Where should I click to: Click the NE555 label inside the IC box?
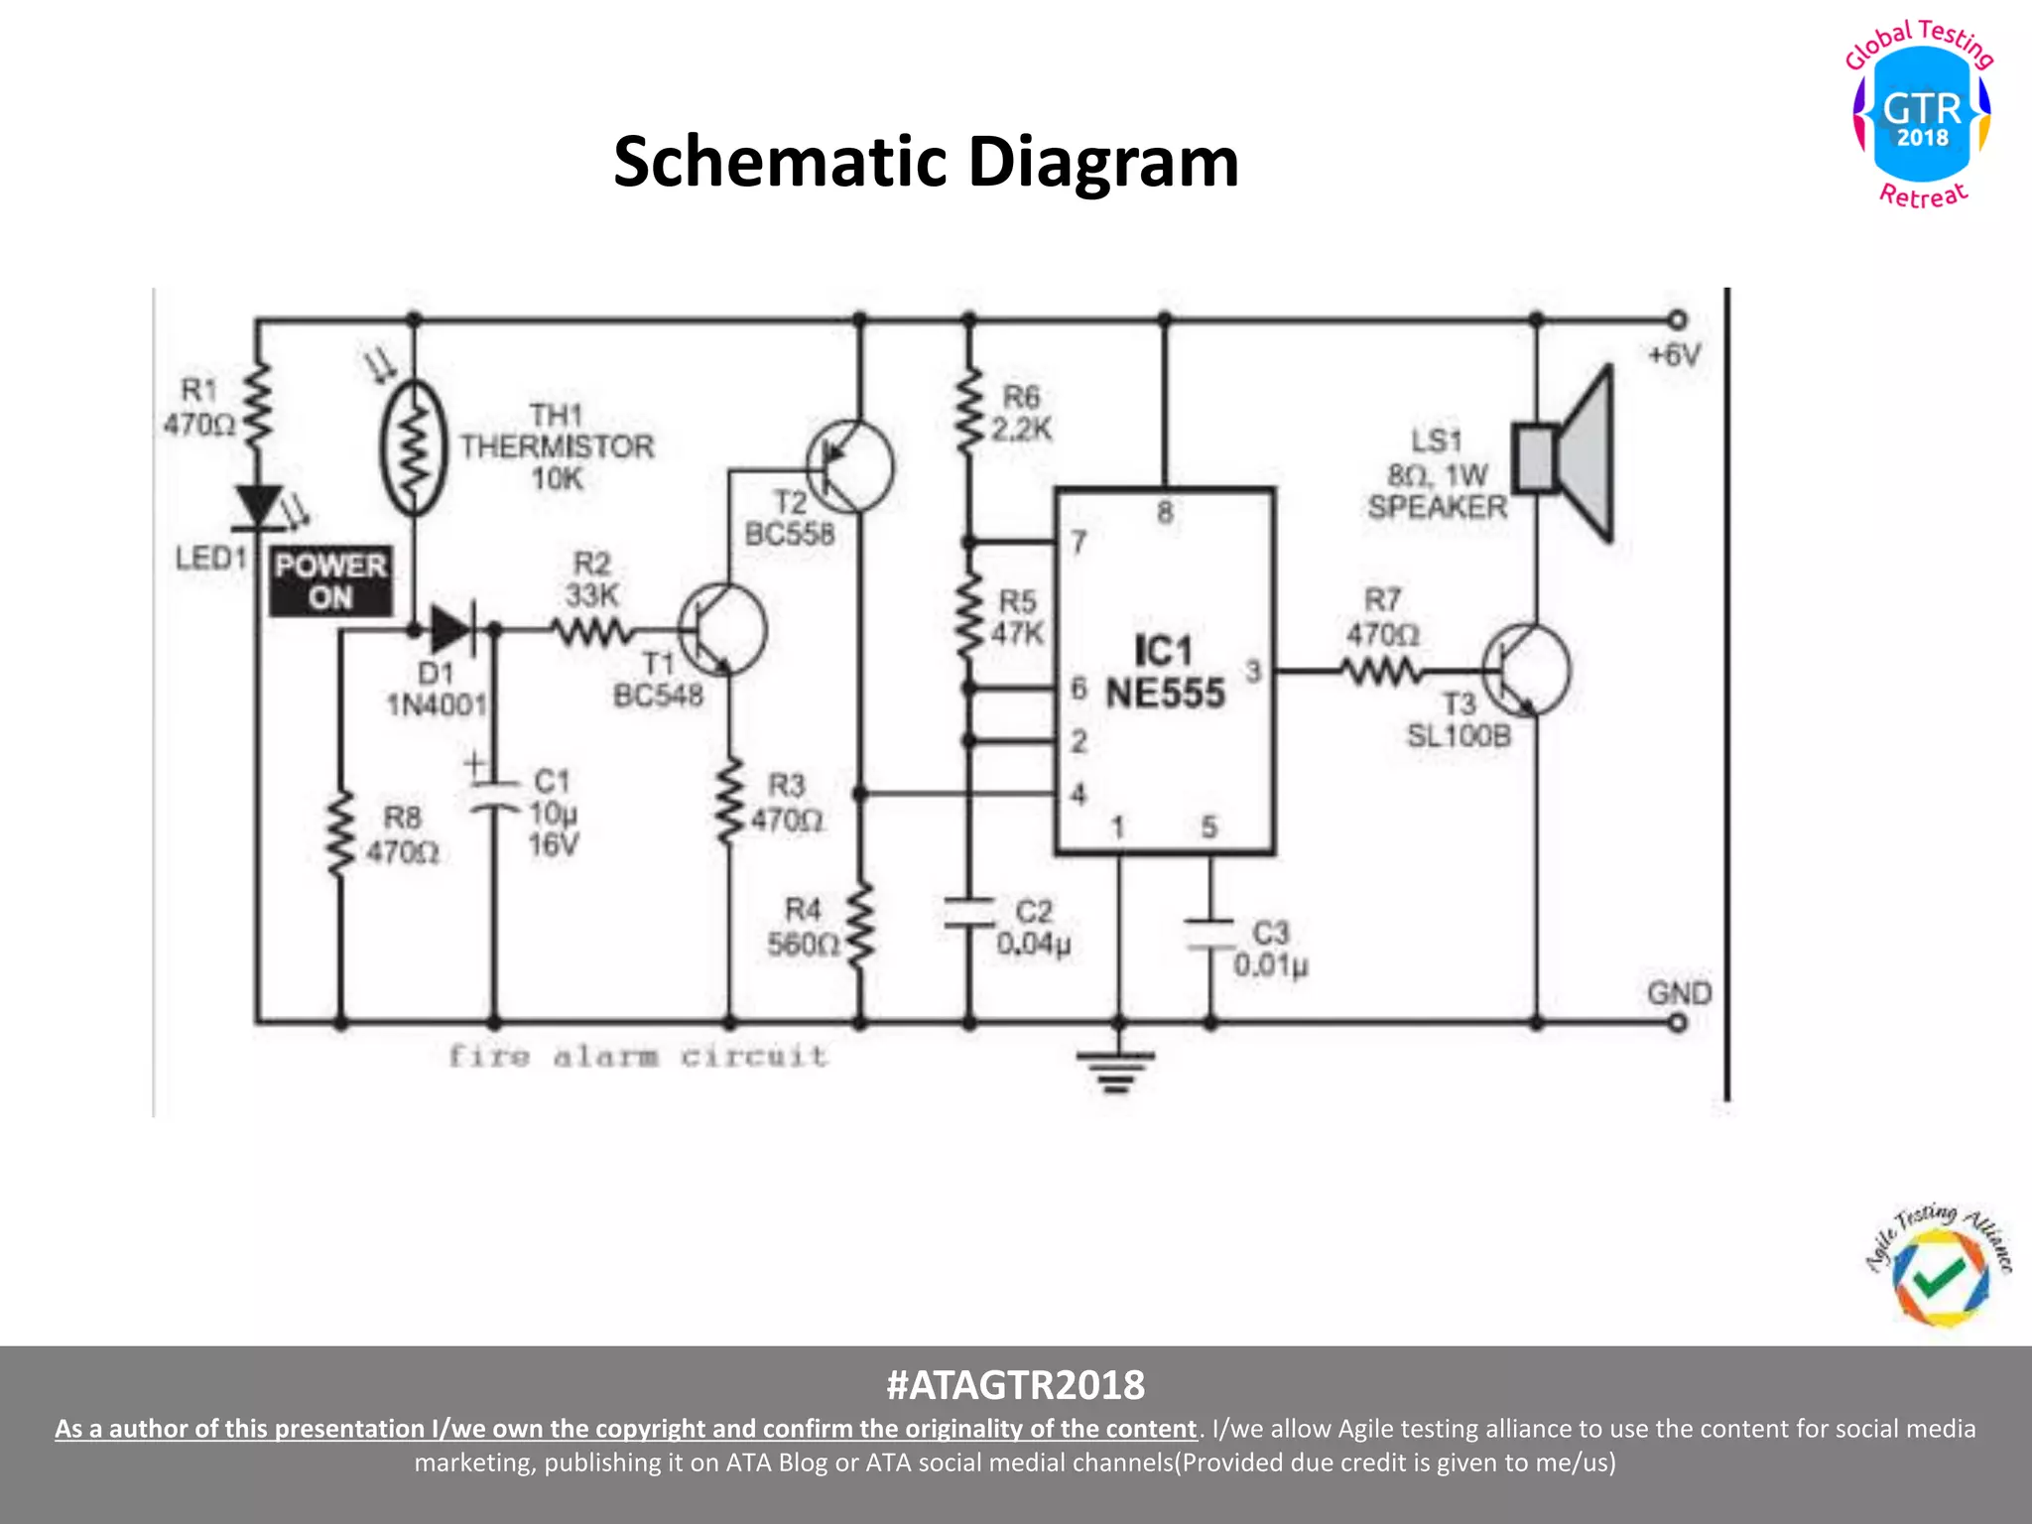[x=1166, y=694]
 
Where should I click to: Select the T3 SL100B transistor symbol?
[x=1526, y=670]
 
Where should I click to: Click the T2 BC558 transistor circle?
[x=850, y=466]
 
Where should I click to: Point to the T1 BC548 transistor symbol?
[x=722, y=629]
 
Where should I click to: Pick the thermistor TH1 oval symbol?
[x=414, y=446]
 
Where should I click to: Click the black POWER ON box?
[x=331, y=581]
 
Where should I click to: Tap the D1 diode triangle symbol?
[x=452, y=629]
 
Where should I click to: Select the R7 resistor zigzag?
[x=1381, y=672]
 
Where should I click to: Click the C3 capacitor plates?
[x=1209, y=935]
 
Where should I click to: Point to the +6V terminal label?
[x=1675, y=355]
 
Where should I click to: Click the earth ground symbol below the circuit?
[x=1117, y=1070]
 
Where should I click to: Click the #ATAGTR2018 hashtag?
[x=1015, y=1384]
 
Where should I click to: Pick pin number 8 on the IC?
[x=1165, y=512]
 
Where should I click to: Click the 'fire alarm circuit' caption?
[x=638, y=1056]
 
